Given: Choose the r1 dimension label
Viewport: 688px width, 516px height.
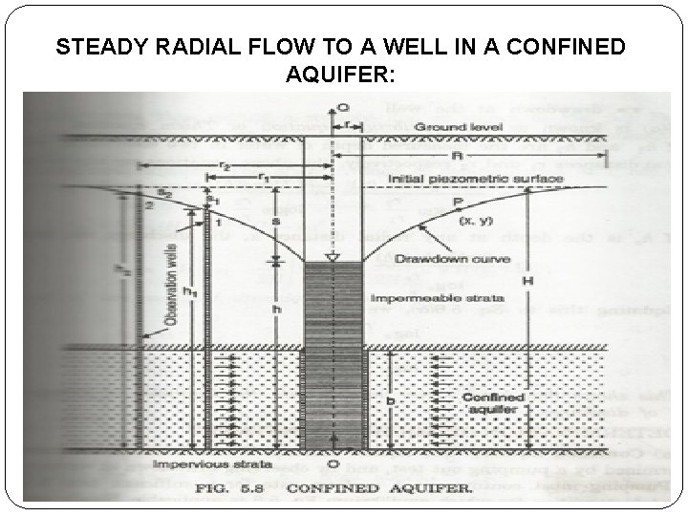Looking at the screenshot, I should click(259, 178).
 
